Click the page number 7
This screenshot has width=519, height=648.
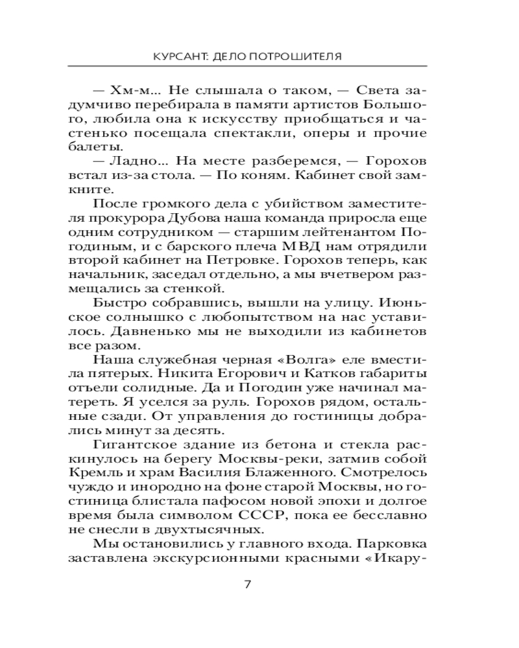247,583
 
